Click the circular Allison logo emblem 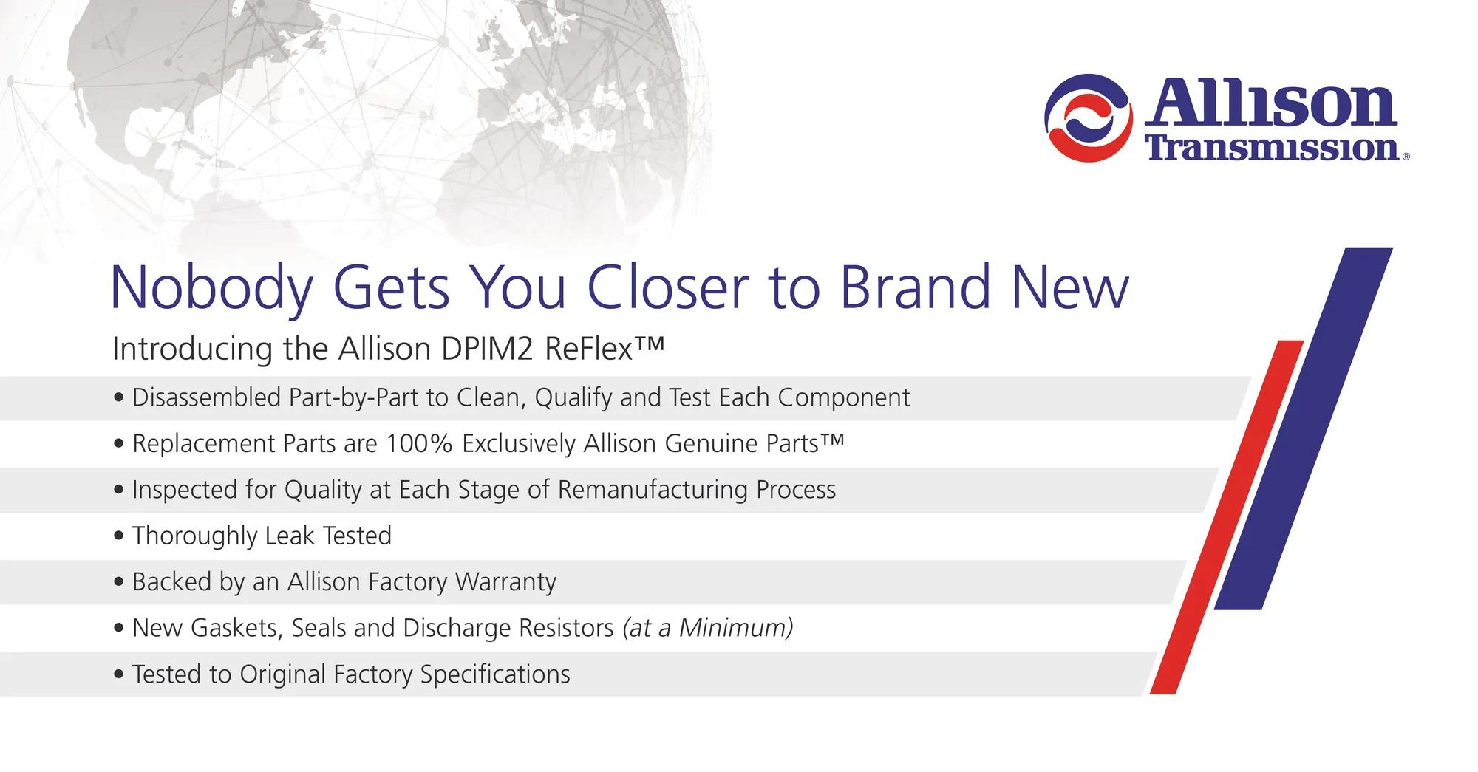[x=1089, y=118]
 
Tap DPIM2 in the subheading [x=487, y=349]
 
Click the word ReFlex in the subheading [x=590, y=349]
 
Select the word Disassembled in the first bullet [x=206, y=397]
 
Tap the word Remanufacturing [x=653, y=490]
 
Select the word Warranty [x=505, y=582]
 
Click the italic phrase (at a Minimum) [x=708, y=628]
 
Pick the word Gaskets [x=237, y=628]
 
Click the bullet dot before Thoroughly [x=119, y=536]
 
